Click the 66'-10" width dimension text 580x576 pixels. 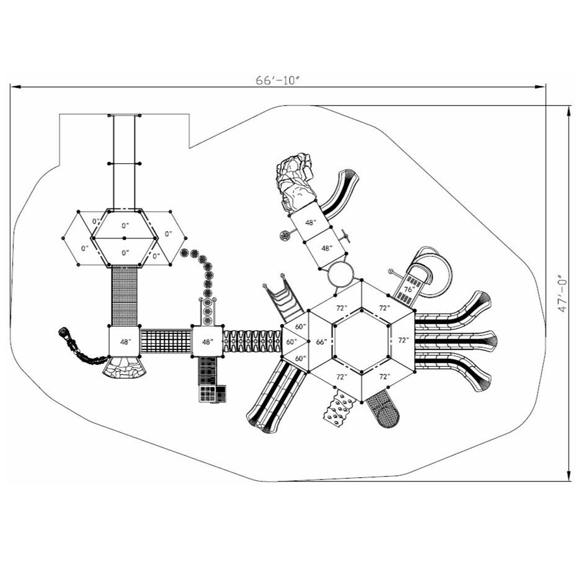point(278,80)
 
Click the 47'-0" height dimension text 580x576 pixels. point(562,293)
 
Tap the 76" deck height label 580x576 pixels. point(409,289)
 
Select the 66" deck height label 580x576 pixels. point(321,342)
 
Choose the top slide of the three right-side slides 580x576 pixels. point(454,314)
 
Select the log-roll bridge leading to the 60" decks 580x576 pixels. point(252,341)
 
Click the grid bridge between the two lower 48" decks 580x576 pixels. point(166,342)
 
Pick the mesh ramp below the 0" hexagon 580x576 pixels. point(124,296)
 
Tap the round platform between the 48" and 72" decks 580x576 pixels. point(342,273)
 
